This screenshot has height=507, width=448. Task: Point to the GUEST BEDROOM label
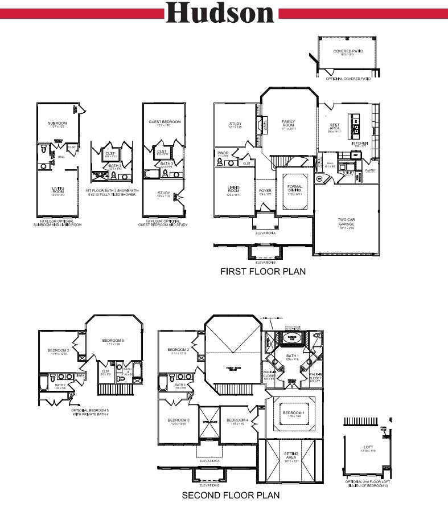pos(165,122)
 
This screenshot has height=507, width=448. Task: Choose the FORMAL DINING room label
pos(295,188)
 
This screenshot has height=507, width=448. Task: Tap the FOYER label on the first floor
pos(265,191)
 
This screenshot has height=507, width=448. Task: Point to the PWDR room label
pos(223,153)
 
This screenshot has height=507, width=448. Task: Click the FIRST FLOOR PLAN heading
pos(263,272)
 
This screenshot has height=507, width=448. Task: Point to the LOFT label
pos(369,448)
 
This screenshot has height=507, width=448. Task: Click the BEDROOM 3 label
pos(178,421)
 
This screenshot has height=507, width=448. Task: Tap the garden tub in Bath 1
pos(291,337)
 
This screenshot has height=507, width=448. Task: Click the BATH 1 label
pos(293,357)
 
